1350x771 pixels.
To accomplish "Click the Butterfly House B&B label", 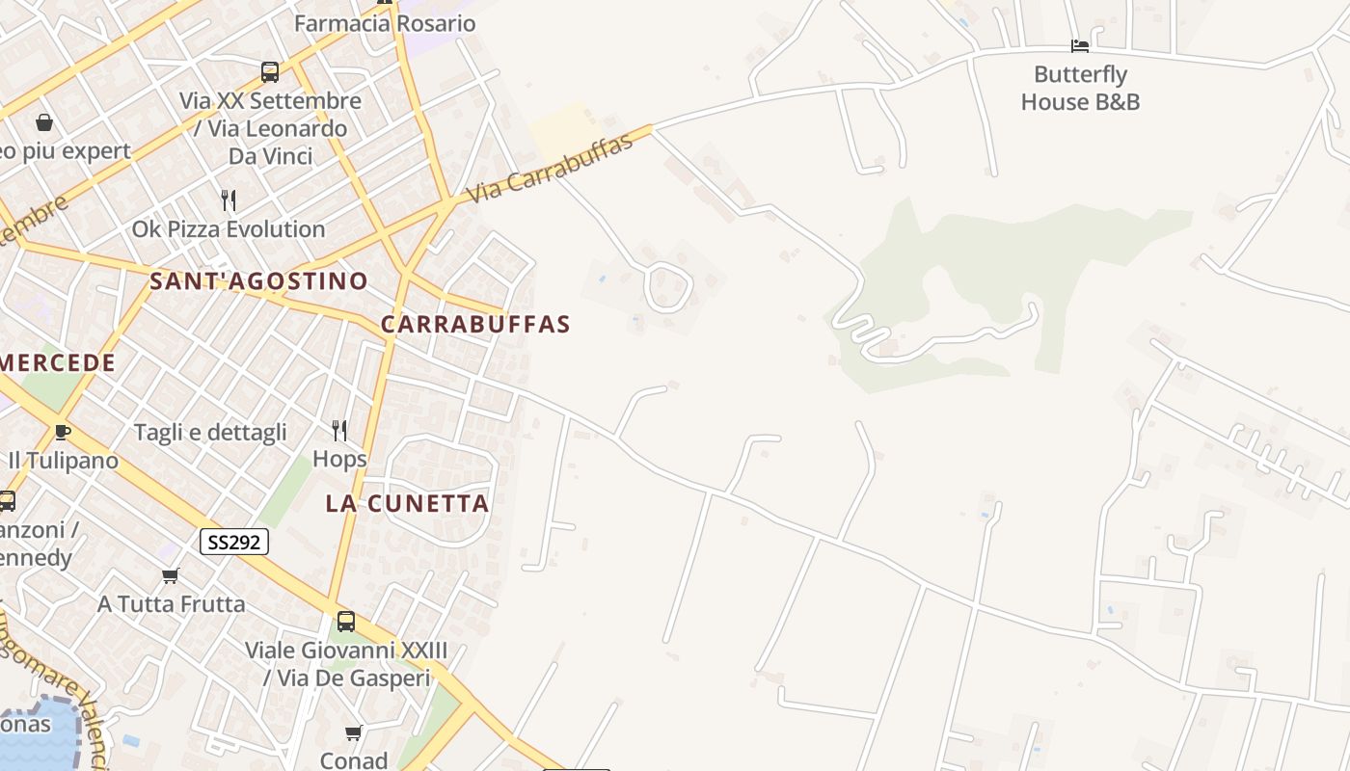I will tap(1080, 88).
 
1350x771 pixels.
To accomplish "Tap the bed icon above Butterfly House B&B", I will tap(1080, 45).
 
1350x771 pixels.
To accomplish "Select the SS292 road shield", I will tap(234, 542).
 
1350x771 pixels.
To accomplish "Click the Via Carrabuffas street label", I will tap(550, 169).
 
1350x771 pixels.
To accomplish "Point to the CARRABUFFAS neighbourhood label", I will tap(475, 325).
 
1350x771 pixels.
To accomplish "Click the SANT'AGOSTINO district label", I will tap(258, 281).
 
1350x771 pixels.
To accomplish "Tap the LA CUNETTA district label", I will tap(407, 503).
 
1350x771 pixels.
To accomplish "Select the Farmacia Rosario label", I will tap(385, 23).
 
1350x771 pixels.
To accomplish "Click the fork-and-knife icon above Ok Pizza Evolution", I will tap(229, 199).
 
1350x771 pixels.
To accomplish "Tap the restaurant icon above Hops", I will tap(339, 429).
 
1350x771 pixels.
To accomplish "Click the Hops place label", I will tap(339, 459).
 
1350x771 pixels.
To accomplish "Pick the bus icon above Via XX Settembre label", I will tap(270, 71).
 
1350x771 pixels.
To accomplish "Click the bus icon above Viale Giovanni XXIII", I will tap(346, 622).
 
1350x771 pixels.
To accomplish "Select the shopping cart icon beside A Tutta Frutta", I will tap(171, 575).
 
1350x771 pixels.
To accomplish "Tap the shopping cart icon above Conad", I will tap(354, 733).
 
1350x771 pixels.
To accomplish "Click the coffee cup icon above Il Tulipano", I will tap(63, 431).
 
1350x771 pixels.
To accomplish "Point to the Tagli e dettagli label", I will tap(210, 433).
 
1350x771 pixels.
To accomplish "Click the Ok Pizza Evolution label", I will tap(229, 229).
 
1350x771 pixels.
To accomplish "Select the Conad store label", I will tap(354, 760).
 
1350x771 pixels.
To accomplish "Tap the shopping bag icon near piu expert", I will tap(44, 122).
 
